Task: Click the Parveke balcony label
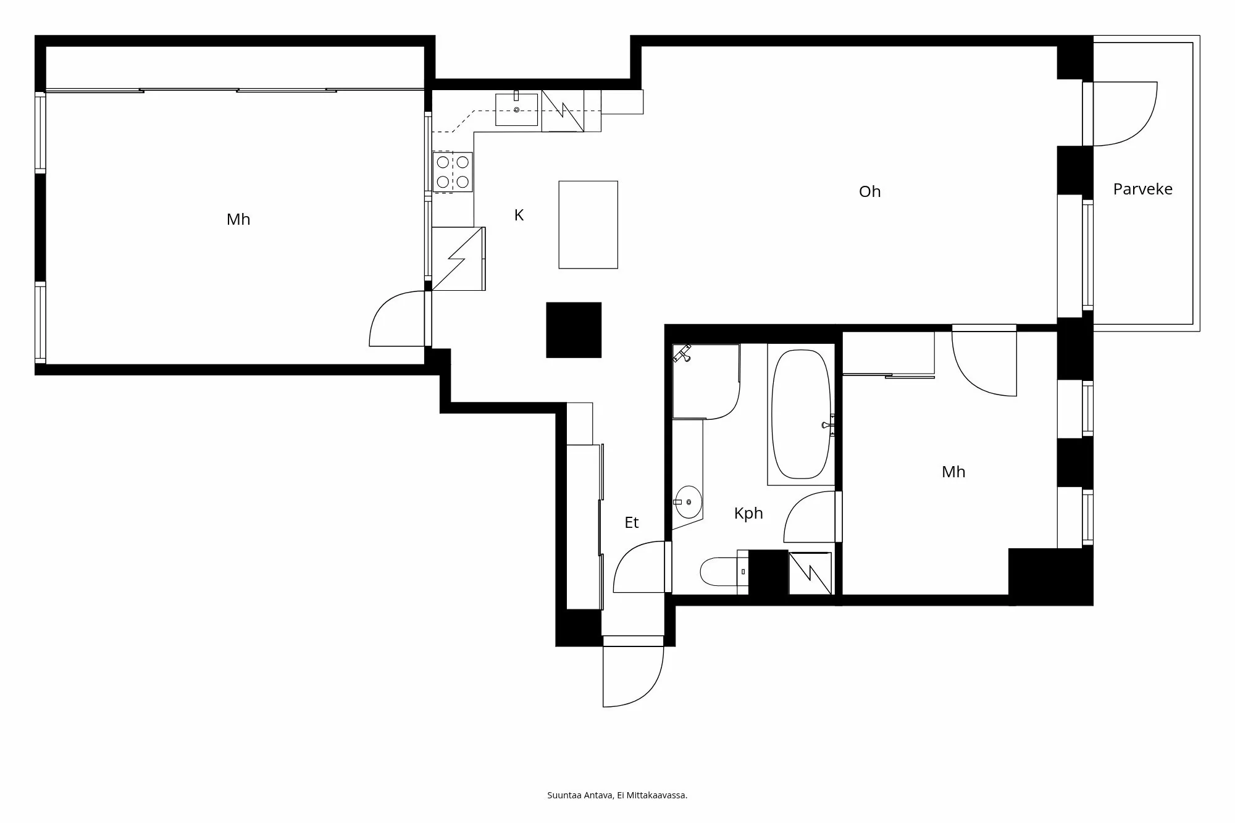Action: point(1142,189)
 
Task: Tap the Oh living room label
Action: point(869,191)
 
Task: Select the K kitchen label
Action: point(519,215)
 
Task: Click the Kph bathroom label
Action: point(748,513)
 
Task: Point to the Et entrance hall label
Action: point(631,522)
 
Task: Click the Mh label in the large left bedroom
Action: point(238,219)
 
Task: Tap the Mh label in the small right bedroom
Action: point(953,472)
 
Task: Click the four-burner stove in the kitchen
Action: point(453,172)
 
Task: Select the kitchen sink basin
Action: point(517,110)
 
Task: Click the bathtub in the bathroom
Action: point(801,414)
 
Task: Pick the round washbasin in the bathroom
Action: point(688,502)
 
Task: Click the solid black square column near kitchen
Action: point(574,330)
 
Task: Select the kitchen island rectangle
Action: point(588,225)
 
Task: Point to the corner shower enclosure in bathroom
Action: point(705,382)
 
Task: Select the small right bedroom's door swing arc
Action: point(982,364)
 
